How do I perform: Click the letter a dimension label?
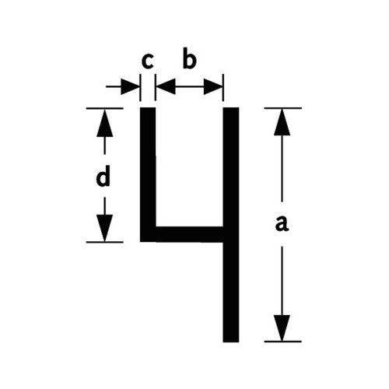point(282,224)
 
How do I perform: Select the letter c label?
point(148,61)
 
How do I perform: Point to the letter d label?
point(103,177)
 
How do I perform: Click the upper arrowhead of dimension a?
point(282,122)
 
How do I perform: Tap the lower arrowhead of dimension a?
point(282,328)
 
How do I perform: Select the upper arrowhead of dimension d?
point(104,123)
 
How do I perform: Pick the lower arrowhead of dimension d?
point(104,228)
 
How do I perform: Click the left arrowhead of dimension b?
point(166,86)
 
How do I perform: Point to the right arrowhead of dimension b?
point(213,86)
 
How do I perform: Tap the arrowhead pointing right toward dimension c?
point(130,86)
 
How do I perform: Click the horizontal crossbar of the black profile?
point(189,234)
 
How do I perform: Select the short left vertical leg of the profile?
point(148,174)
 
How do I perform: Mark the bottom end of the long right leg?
point(231,342)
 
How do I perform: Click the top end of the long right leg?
point(231,107)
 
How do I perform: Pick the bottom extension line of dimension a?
point(283,342)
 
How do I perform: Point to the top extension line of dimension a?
point(283,108)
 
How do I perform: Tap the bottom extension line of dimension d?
point(105,242)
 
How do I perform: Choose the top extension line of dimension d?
point(105,108)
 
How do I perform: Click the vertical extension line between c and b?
point(155,87)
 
